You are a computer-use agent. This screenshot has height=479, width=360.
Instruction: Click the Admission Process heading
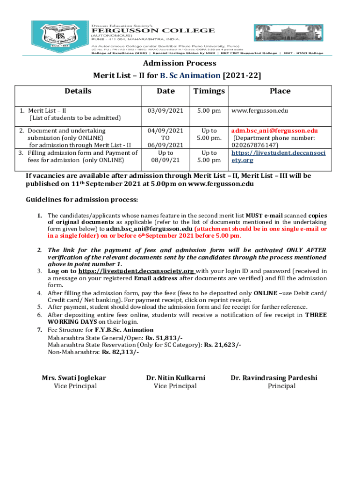(x=180, y=63)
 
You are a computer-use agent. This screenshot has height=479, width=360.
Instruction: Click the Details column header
(x=78, y=91)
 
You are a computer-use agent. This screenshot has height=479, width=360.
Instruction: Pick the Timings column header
(x=209, y=91)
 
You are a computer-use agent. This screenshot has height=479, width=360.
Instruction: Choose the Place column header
(x=280, y=91)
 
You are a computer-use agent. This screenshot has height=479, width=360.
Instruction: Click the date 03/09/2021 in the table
(x=166, y=111)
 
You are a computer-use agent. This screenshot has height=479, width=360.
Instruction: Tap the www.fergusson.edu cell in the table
(x=259, y=111)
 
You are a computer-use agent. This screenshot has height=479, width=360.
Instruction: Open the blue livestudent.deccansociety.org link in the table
(x=279, y=156)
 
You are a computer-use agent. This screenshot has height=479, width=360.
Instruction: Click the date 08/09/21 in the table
(x=166, y=160)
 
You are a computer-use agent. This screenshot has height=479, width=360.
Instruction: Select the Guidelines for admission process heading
(x=81, y=200)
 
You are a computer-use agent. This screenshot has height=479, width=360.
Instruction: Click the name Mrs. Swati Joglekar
(x=74, y=377)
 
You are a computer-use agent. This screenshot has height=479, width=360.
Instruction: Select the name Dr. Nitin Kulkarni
(x=175, y=377)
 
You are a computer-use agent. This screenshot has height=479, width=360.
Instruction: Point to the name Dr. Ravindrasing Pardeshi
(x=274, y=377)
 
